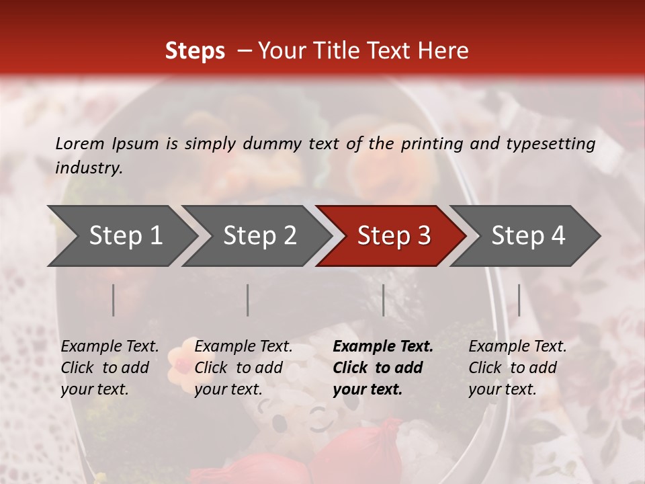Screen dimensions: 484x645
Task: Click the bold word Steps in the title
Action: (195, 51)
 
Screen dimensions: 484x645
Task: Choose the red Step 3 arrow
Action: (392, 235)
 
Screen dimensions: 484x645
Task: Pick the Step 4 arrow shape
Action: (526, 235)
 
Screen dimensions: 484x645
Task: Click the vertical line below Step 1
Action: (114, 300)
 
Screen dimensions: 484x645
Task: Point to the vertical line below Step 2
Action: (248, 300)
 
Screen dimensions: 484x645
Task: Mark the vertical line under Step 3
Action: (384, 300)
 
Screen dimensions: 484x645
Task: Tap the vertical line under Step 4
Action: (519, 300)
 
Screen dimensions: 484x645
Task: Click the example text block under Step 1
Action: (110, 368)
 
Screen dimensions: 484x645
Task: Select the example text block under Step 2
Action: (243, 368)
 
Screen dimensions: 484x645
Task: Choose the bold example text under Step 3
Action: (383, 368)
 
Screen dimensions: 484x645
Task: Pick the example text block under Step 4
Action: (517, 368)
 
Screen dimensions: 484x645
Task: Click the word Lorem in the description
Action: (80, 143)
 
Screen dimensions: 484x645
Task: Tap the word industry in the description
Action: (89, 168)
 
